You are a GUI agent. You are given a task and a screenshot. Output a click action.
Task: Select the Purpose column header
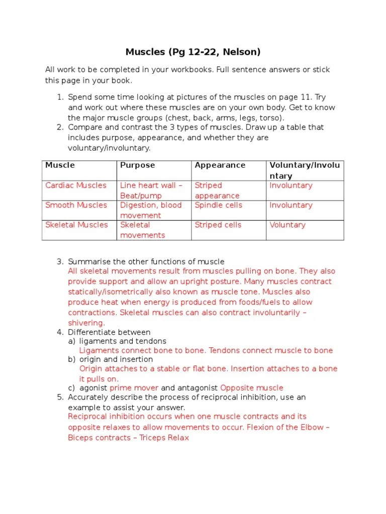[137, 165]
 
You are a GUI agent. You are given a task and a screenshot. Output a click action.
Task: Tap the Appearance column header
[220, 165]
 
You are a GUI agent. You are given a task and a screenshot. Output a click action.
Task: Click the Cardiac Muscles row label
[76, 185]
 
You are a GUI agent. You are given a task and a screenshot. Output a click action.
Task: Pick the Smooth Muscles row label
[76, 205]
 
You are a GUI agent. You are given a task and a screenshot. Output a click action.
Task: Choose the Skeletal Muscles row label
[76, 225]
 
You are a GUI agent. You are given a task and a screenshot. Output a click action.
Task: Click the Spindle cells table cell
[218, 205]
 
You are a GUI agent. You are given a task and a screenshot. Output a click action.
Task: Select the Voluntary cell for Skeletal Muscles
[287, 225]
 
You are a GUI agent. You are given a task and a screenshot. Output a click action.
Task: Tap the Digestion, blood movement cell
[151, 210]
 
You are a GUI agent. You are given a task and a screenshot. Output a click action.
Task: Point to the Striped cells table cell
[218, 225]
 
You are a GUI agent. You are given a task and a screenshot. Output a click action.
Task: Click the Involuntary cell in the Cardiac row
[291, 185]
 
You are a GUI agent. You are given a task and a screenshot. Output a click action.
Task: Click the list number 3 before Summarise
[60, 262]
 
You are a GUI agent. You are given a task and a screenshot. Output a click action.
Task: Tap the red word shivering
[86, 323]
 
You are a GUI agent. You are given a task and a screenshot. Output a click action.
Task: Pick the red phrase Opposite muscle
[252, 388]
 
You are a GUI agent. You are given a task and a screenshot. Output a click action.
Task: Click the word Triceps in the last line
[153, 438]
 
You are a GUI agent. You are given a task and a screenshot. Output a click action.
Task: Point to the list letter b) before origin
[71, 359]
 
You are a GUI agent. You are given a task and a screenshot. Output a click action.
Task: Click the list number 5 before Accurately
[60, 397]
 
